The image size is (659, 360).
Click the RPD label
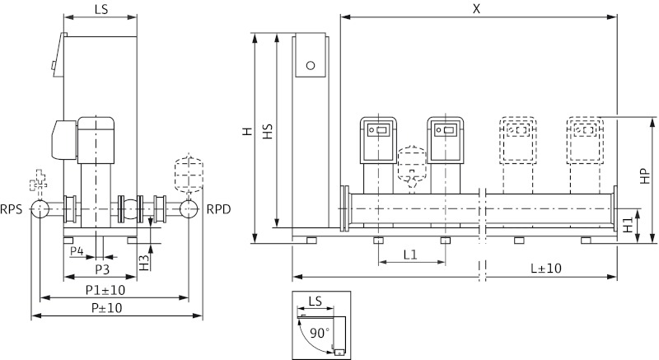tap(218, 209)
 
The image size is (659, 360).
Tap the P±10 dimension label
tap(104, 308)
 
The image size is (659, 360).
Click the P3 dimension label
tap(102, 269)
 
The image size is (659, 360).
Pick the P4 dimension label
tap(77, 250)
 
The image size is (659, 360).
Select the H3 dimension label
tap(143, 263)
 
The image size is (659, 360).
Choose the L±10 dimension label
tap(545, 269)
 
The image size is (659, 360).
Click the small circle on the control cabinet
tap(311, 65)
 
